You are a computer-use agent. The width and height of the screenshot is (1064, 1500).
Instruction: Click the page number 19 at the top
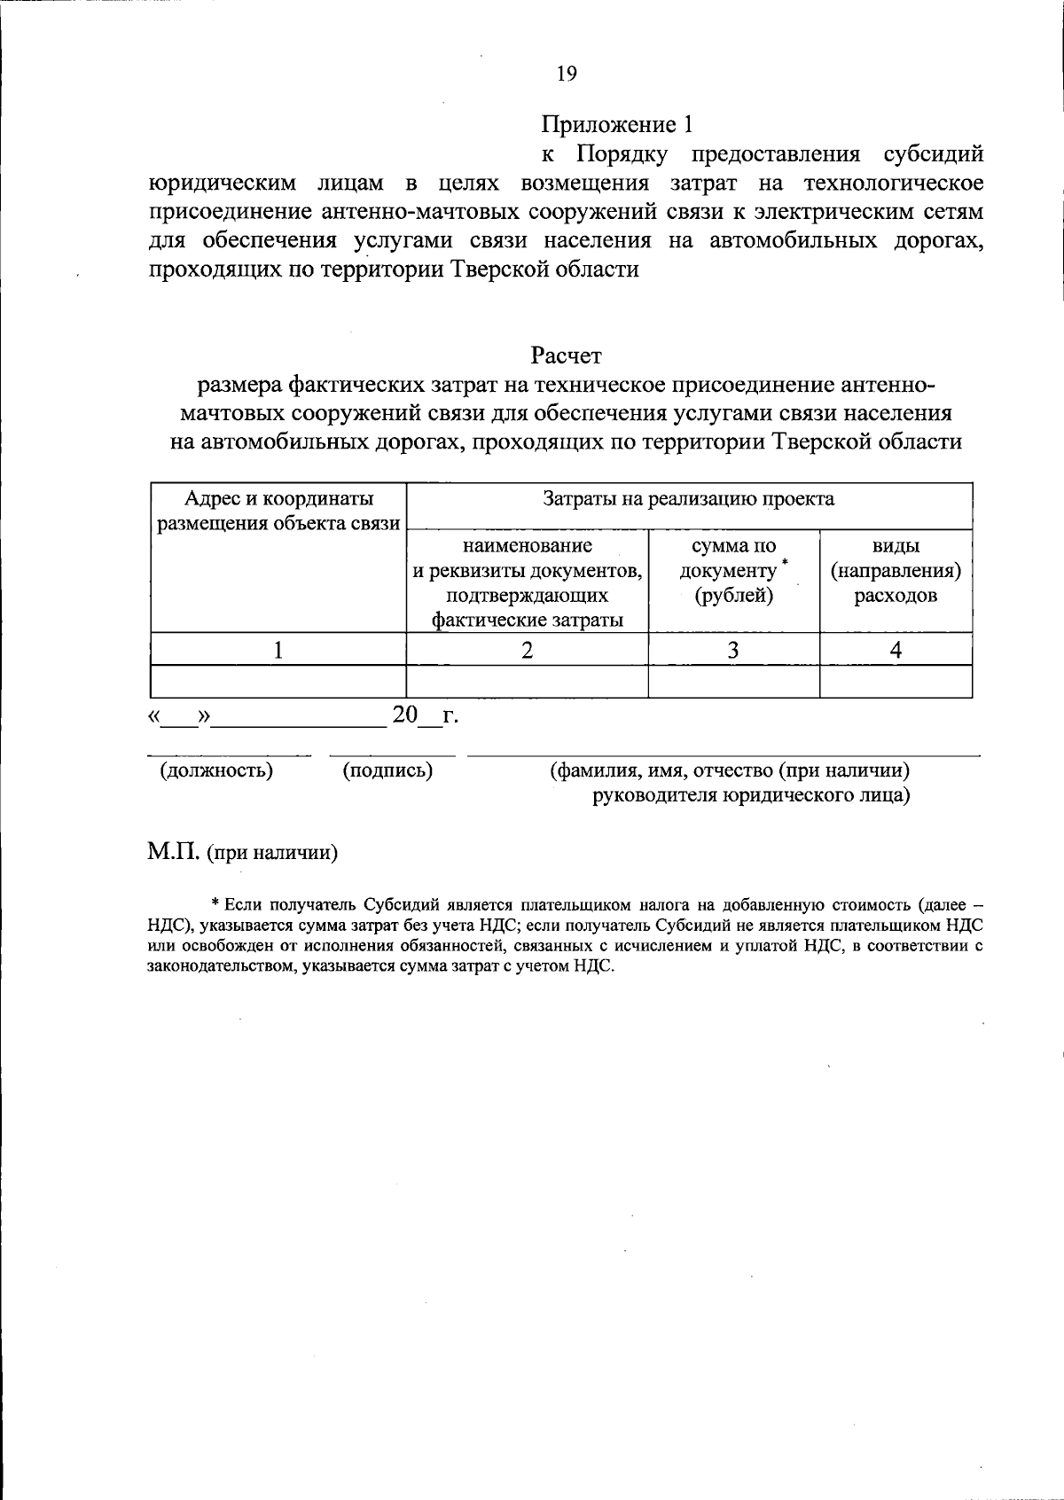(x=567, y=74)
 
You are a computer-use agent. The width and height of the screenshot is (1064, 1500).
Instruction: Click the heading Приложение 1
(x=615, y=124)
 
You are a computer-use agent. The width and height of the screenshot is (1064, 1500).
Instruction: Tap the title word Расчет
(x=566, y=355)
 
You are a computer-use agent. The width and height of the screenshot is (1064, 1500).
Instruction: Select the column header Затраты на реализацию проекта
(x=689, y=499)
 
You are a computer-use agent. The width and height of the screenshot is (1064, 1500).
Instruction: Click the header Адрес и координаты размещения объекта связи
(x=278, y=511)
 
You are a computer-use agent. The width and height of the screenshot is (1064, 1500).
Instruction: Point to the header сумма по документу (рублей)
(x=733, y=570)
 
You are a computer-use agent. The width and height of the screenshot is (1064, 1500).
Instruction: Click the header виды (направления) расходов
(x=896, y=570)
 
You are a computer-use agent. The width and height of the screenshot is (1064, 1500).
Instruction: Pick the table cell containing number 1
(x=278, y=650)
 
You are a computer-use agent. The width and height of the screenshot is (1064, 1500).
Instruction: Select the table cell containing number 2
(x=527, y=650)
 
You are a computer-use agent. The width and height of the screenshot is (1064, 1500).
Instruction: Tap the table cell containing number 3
(x=733, y=650)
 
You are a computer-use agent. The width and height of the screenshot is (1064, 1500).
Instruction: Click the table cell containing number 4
(x=896, y=650)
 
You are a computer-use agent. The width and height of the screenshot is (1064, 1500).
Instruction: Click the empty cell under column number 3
(x=733, y=681)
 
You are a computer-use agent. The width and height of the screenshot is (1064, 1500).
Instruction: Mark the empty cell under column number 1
(x=278, y=681)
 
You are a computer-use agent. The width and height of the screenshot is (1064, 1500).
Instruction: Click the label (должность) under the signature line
(x=216, y=770)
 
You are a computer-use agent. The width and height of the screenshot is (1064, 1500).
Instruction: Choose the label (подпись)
(x=387, y=770)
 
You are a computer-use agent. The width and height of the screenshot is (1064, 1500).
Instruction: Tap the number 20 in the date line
(x=404, y=715)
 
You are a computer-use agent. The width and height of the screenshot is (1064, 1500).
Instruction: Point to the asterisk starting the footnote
(x=215, y=904)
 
